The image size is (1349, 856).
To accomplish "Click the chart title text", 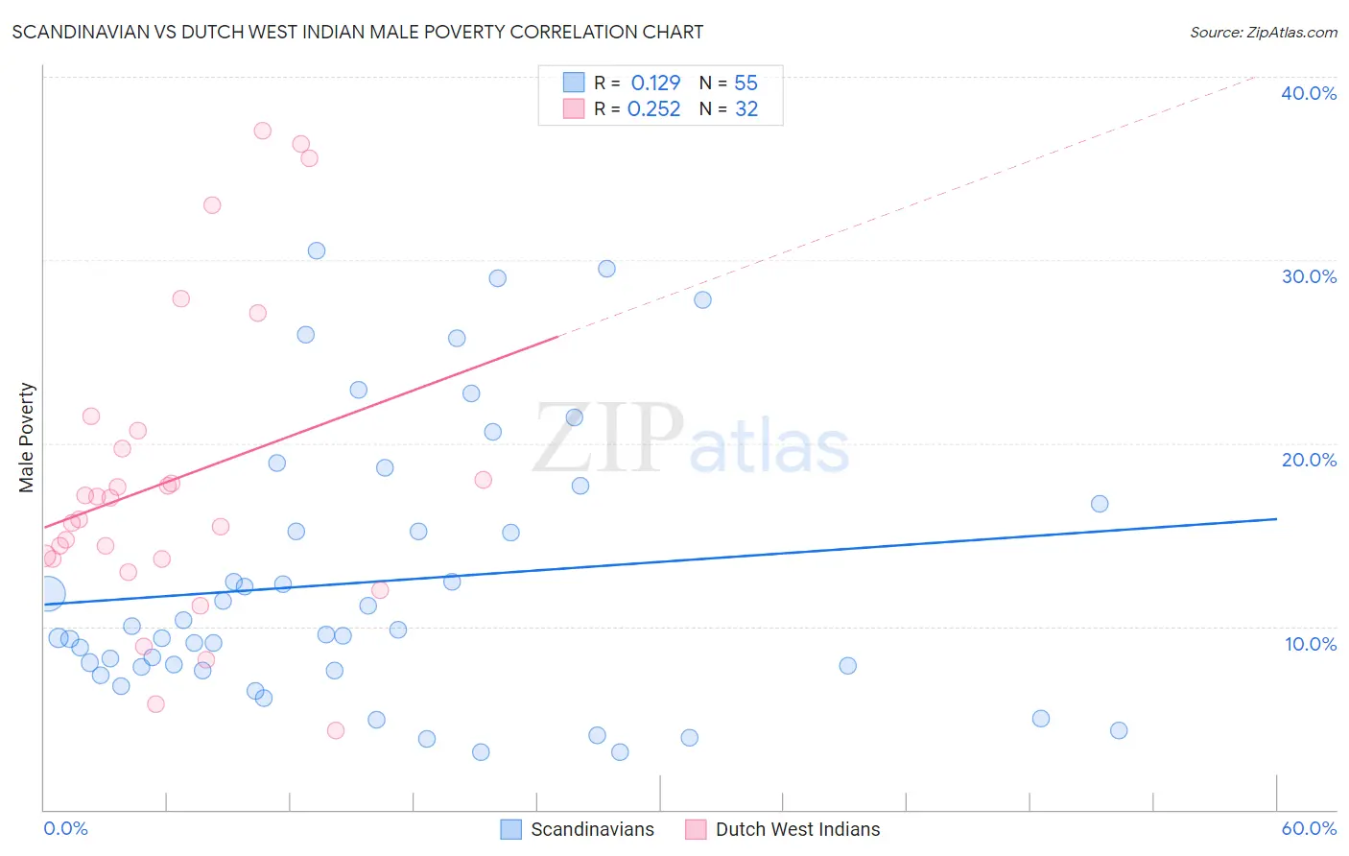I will coord(357,32).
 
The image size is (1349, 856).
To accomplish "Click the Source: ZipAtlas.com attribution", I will coord(1263,32).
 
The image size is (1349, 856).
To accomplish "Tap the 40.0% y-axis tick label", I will coord(1308,93).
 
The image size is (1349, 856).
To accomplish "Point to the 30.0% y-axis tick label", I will coord(1308,276).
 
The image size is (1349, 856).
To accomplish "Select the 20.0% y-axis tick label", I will coord(1308,460).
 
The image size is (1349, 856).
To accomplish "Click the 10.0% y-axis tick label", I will coord(1310,644).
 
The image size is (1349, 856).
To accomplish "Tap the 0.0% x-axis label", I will coord(65,828).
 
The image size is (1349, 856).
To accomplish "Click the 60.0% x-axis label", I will coord(1308,828).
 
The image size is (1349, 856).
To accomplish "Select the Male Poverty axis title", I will coord(27,438).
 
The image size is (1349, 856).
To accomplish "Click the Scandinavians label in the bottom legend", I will coord(592,829).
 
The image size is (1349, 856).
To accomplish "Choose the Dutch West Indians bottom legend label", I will coord(797,829).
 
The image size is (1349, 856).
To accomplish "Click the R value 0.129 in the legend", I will coord(655,83).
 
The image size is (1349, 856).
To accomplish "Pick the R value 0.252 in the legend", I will coord(653,109).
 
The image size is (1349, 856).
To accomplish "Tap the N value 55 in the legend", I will coord(745,83).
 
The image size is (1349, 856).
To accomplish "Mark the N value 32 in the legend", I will coord(745,109).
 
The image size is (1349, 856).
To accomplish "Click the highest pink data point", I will coord(262,131).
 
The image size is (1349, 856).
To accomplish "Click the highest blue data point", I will coord(316,250).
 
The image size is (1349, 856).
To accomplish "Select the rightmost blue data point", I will coord(1118,730).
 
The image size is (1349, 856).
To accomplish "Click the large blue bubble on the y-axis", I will coord(48,594).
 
